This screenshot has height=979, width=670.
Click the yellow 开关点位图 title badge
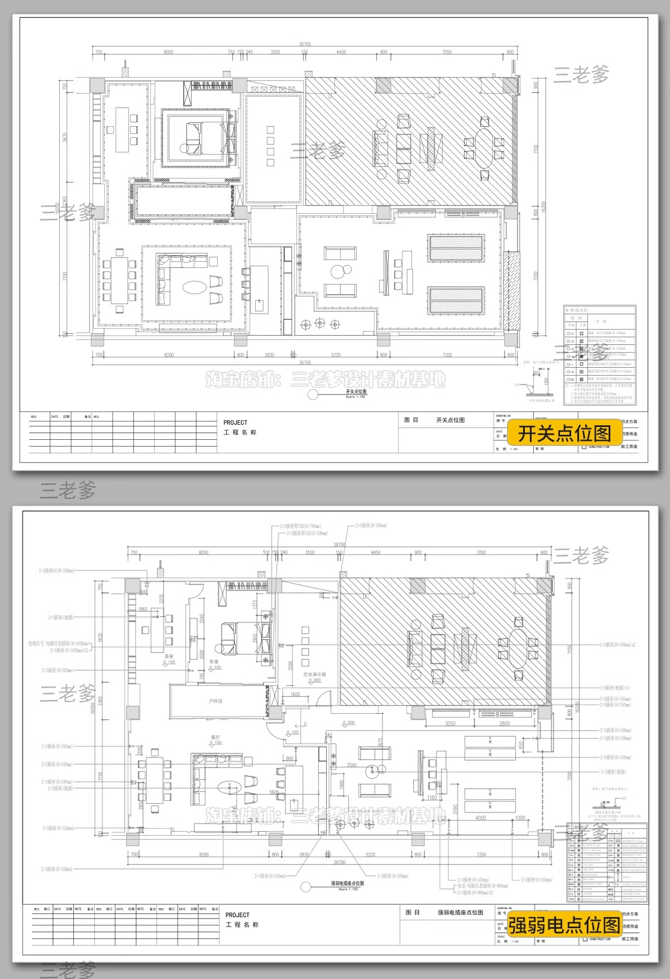564,433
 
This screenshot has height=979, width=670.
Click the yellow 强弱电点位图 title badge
564,925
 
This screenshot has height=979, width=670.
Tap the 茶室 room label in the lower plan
169,656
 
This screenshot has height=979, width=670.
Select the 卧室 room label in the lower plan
214,661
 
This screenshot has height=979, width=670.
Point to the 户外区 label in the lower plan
216,700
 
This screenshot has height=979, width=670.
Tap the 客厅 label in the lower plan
216,737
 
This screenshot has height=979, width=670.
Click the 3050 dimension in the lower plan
449,723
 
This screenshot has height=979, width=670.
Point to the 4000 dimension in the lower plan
480,818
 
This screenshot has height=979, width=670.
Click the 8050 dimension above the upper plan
168,52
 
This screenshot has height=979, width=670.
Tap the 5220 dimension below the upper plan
336,355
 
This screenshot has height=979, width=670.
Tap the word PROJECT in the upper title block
235,423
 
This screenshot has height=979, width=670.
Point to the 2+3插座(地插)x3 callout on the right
615,688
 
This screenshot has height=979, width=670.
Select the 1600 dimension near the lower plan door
295,695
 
